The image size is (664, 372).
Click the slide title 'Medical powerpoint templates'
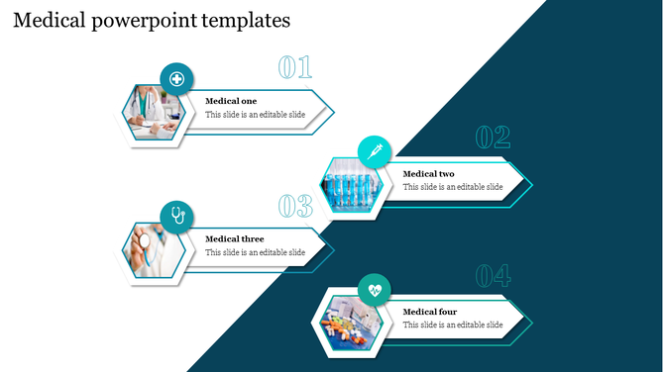(x=152, y=19)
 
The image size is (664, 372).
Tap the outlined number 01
(x=294, y=68)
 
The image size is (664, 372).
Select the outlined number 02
(x=493, y=138)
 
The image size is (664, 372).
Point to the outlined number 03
(x=294, y=206)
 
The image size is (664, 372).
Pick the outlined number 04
(x=493, y=275)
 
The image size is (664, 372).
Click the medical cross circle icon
(x=176, y=79)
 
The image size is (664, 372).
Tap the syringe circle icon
(x=375, y=152)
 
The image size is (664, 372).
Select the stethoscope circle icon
(x=176, y=217)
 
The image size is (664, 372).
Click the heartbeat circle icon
(x=375, y=290)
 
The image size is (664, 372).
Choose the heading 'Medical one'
(x=231, y=101)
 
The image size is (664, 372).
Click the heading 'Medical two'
(x=429, y=174)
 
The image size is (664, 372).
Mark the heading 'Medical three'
(x=234, y=238)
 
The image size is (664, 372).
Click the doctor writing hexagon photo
(x=154, y=115)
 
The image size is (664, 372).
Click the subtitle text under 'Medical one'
(x=255, y=115)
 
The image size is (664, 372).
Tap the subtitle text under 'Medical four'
(x=453, y=325)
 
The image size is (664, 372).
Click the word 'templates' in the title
(x=247, y=19)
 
